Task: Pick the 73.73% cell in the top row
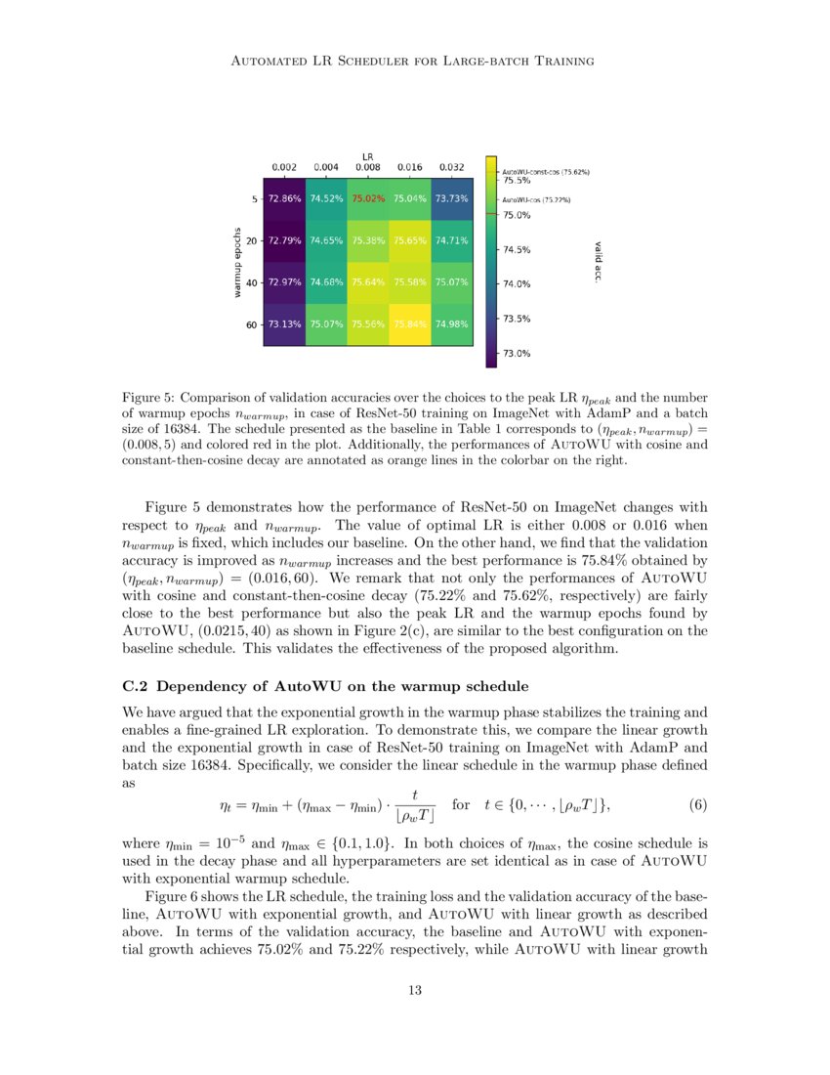coord(451,198)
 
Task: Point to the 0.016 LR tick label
coord(410,167)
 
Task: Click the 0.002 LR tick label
coord(284,167)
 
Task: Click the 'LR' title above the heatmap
coord(368,155)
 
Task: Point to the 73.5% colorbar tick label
coord(517,319)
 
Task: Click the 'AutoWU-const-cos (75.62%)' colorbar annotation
coord(546,171)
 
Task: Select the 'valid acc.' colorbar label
coord(597,261)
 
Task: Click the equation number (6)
coord(697,805)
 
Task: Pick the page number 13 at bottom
coord(414,991)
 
